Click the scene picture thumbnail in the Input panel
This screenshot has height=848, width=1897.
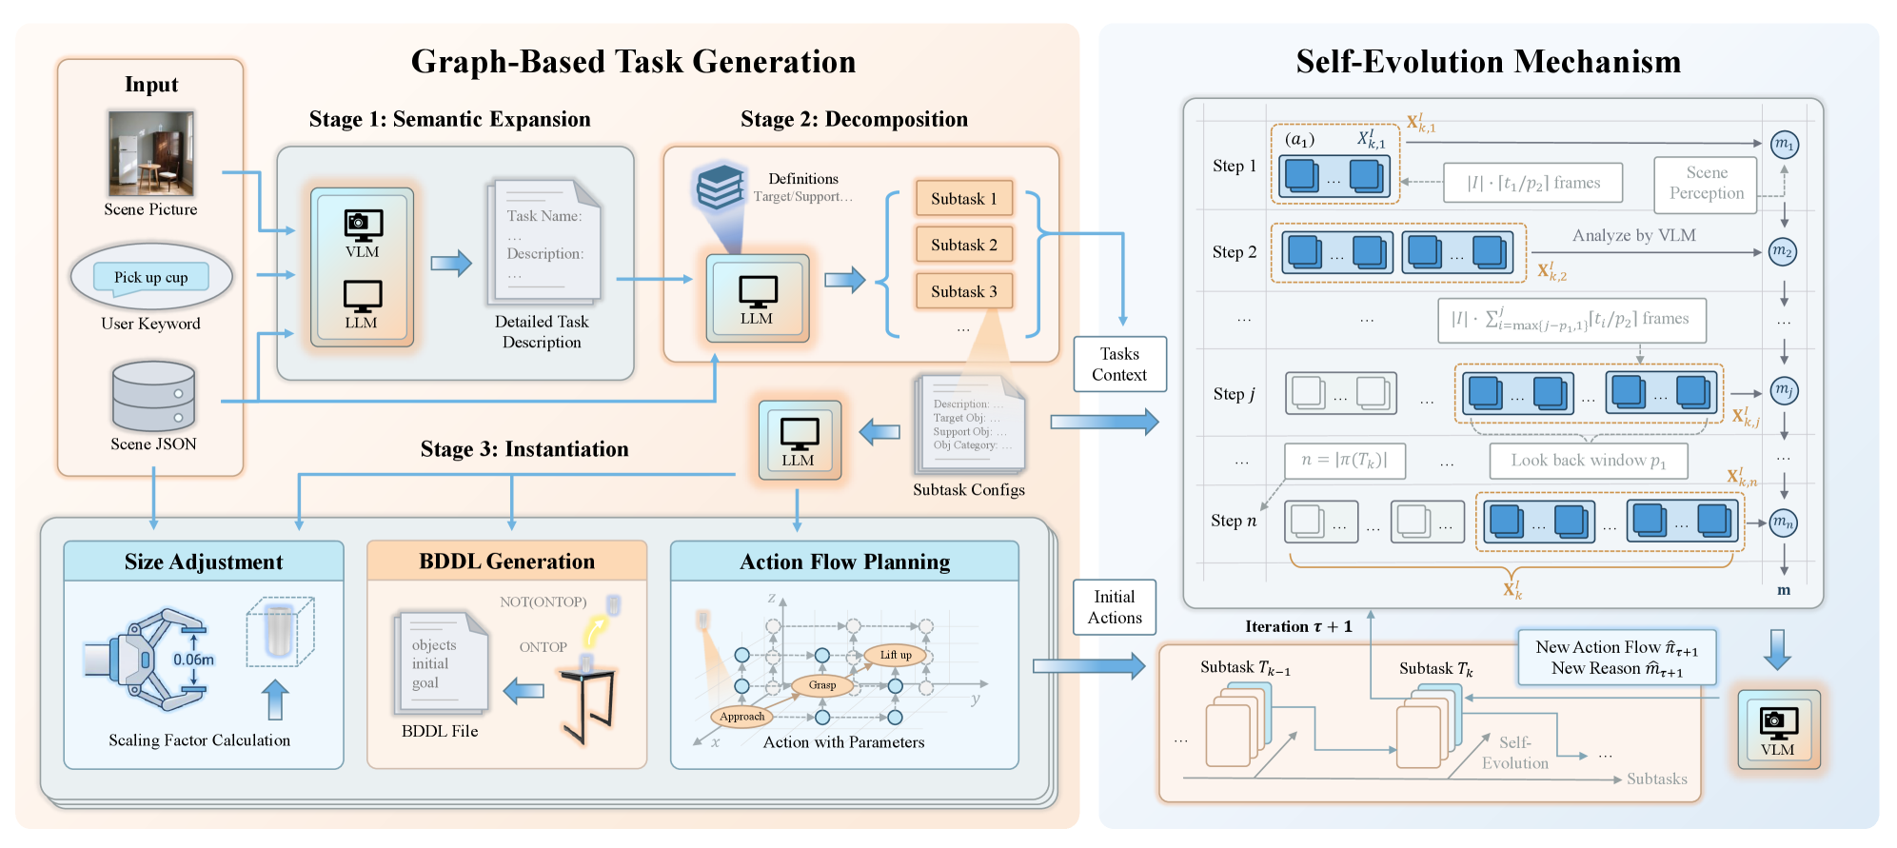pyautogui.click(x=150, y=153)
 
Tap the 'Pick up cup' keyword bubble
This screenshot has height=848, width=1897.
pyautogui.click(x=151, y=277)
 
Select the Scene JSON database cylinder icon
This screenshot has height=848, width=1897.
pyautogui.click(x=153, y=396)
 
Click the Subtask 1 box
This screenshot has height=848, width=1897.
pyautogui.click(x=963, y=198)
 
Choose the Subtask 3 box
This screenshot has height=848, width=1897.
pyautogui.click(x=963, y=291)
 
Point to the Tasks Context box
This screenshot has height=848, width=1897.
pyautogui.click(x=1119, y=365)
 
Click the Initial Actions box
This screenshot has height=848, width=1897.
pyautogui.click(x=1115, y=607)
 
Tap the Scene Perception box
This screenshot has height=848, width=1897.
pyautogui.click(x=1706, y=184)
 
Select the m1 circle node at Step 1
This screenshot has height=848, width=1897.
pyautogui.click(x=1784, y=145)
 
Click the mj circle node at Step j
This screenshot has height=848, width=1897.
pyautogui.click(x=1784, y=390)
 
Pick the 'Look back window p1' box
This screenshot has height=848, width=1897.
pyautogui.click(x=1588, y=461)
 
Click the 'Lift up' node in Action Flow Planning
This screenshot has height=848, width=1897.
pyautogui.click(x=895, y=655)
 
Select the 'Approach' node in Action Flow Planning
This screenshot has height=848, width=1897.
pyautogui.click(x=741, y=717)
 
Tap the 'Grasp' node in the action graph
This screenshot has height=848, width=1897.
pyautogui.click(x=822, y=685)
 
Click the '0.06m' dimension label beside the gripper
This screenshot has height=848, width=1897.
pyautogui.click(x=193, y=660)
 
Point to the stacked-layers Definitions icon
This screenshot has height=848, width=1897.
pyautogui.click(x=720, y=187)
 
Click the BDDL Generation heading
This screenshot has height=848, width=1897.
pyautogui.click(x=506, y=562)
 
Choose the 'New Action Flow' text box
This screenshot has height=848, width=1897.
pyautogui.click(x=1616, y=657)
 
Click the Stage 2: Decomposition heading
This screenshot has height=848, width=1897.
pyautogui.click(x=854, y=119)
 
